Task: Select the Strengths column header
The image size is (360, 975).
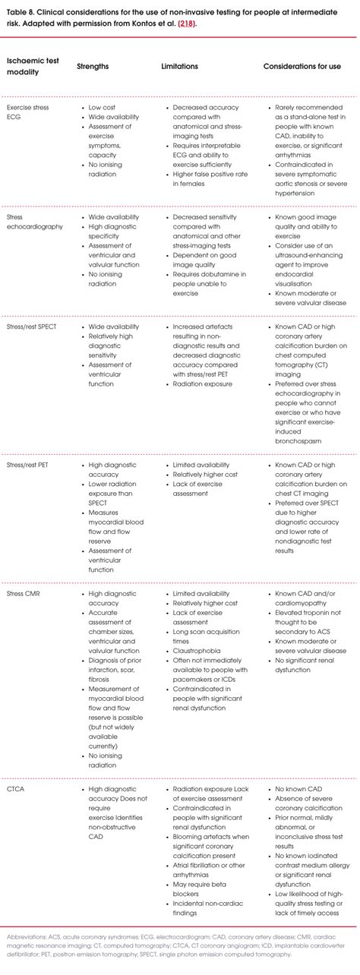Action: [x=93, y=67]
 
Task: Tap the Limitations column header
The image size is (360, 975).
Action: [x=179, y=67]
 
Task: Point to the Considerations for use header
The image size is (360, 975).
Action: [x=302, y=67]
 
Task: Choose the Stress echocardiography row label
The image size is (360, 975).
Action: [x=35, y=222]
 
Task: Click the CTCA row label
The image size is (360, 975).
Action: [x=17, y=790]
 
